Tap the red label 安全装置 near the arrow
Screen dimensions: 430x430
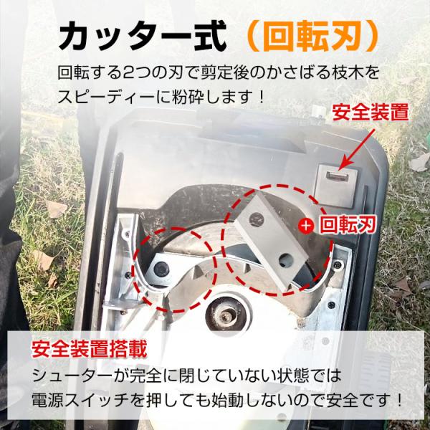click(x=371, y=113)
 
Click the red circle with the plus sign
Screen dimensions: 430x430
click(x=306, y=226)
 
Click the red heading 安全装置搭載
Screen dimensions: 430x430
click(x=89, y=349)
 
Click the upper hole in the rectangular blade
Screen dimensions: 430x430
click(x=257, y=219)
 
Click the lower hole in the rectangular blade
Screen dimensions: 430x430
click(x=286, y=261)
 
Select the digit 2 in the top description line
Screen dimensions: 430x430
click(x=128, y=73)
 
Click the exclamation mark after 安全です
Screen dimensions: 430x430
click(x=398, y=401)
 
